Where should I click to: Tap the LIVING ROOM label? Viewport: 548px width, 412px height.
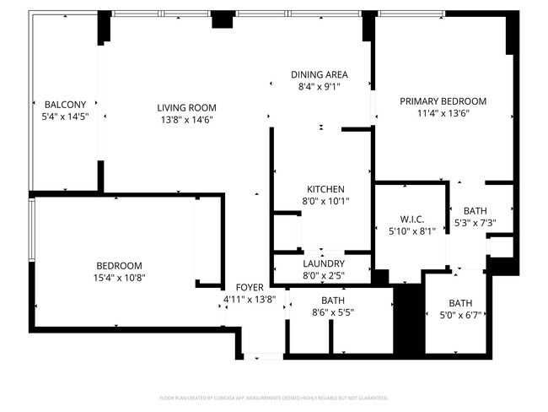(x=186, y=107)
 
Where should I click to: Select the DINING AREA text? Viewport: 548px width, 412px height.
(x=320, y=74)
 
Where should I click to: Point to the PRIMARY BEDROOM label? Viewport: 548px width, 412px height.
(x=443, y=101)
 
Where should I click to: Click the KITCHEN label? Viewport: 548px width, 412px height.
(x=325, y=189)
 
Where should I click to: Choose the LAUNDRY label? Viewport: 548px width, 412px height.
(x=324, y=263)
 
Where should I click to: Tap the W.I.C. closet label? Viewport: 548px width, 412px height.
(x=411, y=219)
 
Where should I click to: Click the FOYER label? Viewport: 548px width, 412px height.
(x=250, y=287)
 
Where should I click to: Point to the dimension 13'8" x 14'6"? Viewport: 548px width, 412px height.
(x=186, y=119)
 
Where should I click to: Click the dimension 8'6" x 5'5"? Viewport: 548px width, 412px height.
(x=332, y=312)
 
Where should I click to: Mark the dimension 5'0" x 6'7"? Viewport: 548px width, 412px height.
(x=460, y=315)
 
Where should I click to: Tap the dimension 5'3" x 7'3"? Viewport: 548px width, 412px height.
(x=475, y=224)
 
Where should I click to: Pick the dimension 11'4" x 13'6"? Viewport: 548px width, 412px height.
(x=443, y=113)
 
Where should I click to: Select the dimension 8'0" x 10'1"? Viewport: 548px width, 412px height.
(x=325, y=201)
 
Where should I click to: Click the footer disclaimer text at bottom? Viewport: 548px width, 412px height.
(x=274, y=397)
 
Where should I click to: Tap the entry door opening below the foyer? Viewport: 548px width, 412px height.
(x=261, y=356)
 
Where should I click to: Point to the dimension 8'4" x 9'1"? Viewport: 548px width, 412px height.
(x=320, y=86)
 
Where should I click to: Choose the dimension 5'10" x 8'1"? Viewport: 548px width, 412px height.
(x=411, y=230)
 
